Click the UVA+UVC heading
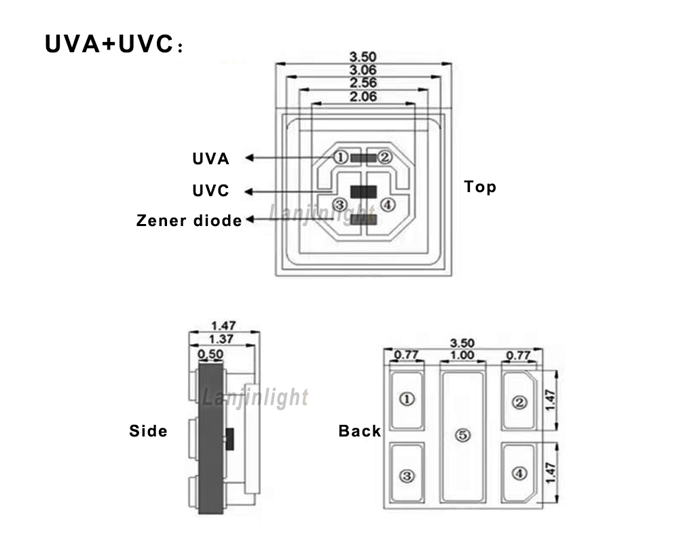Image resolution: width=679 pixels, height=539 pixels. click(114, 44)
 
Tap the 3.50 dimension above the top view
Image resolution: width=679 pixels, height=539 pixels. click(363, 57)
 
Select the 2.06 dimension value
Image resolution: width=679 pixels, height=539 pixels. click(363, 96)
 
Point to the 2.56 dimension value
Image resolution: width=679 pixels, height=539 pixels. click(363, 83)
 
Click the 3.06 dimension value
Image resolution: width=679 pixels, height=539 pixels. click(363, 70)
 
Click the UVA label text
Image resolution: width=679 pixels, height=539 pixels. click(211, 159)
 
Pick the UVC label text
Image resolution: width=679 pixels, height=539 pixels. click(211, 191)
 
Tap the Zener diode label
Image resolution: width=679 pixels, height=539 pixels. click(189, 221)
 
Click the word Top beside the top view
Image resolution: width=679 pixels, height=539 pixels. click(480, 187)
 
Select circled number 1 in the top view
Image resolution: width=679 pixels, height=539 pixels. click(340, 157)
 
